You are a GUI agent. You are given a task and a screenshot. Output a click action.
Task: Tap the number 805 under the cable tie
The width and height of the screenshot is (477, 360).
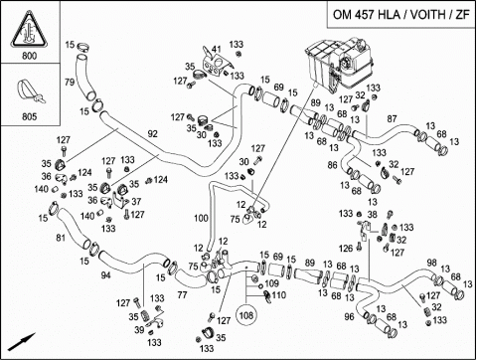click(30, 116)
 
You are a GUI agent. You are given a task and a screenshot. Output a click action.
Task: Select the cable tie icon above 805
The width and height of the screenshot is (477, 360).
click(30, 91)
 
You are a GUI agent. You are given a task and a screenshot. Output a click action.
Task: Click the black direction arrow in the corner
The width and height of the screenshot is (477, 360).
click(21, 342)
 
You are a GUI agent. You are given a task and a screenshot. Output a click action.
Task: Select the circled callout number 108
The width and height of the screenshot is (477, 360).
click(245, 315)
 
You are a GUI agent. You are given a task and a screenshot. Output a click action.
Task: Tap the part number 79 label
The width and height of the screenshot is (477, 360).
click(70, 82)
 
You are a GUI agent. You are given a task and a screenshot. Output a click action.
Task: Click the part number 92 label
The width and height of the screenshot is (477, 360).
click(153, 134)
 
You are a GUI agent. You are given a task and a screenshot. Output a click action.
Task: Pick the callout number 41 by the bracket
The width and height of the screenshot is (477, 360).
click(217, 49)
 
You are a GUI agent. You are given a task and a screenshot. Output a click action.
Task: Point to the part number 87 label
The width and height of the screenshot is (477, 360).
click(392, 118)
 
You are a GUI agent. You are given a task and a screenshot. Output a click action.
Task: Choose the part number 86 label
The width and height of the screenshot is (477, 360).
click(332, 165)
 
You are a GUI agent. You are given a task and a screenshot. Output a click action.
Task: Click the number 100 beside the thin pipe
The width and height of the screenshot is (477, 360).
click(201, 218)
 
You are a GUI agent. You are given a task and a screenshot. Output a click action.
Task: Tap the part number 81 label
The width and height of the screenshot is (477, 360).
click(61, 238)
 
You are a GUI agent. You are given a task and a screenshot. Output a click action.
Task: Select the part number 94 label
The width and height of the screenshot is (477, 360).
click(105, 274)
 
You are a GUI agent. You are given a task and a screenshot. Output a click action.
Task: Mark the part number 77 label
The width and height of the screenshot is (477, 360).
click(182, 294)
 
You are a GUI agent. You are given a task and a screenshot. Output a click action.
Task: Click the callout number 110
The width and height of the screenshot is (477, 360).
click(278, 295)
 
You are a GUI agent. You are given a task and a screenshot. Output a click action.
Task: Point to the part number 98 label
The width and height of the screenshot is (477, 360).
click(431, 263)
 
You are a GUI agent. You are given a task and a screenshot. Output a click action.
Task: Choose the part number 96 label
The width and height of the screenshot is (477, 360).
click(349, 317)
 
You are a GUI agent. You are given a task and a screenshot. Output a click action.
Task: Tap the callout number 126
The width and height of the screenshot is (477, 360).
click(346, 248)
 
